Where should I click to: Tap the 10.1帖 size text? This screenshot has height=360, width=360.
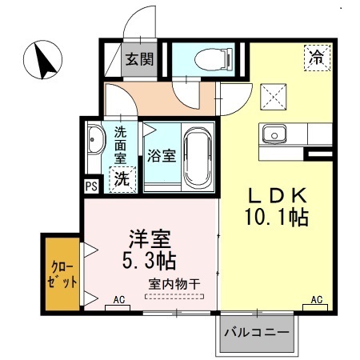pyautogui.click(x=277, y=217)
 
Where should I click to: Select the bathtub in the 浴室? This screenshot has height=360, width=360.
pyautogui.click(x=197, y=156)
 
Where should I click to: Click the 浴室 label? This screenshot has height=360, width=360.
pyautogui.click(x=162, y=155)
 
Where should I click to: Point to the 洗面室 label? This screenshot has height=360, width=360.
pyautogui.click(x=120, y=143)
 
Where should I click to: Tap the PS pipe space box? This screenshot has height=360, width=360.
pyautogui.click(x=90, y=186)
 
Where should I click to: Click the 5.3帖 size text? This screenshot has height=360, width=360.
pyautogui.click(x=150, y=260)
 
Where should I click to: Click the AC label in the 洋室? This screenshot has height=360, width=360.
pyautogui.click(x=118, y=301)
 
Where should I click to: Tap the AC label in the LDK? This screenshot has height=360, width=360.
pyautogui.click(x=316, y=301)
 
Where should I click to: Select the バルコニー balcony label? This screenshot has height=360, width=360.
pyautogui.click(x=255, y=331)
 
